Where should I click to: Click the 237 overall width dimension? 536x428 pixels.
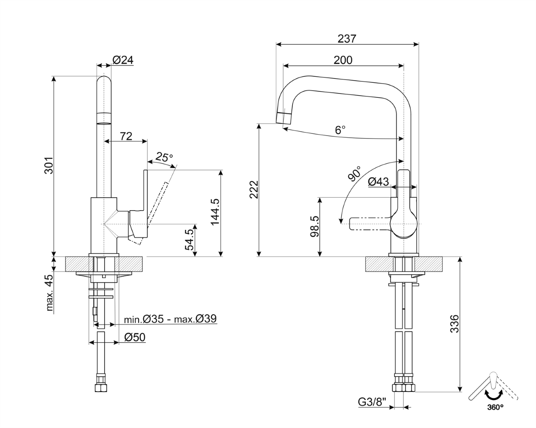347,39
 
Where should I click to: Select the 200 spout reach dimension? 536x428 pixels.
343,60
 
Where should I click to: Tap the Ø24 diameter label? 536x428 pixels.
123,60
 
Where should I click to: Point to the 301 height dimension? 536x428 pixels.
49,165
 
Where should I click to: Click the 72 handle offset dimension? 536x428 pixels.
126,136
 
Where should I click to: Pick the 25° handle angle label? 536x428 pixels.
164,157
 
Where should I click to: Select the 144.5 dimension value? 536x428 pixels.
215,212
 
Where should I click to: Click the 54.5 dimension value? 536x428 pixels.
189,240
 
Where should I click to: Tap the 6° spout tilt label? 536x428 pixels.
340,130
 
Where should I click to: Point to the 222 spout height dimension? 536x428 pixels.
254,190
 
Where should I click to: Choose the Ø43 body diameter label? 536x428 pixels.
378,182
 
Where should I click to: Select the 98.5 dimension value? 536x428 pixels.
315,226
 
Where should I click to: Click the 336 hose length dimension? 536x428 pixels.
454,324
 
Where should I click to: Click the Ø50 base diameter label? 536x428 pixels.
135,338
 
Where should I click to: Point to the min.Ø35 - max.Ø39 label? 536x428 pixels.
170,319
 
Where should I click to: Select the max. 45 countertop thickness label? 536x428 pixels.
50,292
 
